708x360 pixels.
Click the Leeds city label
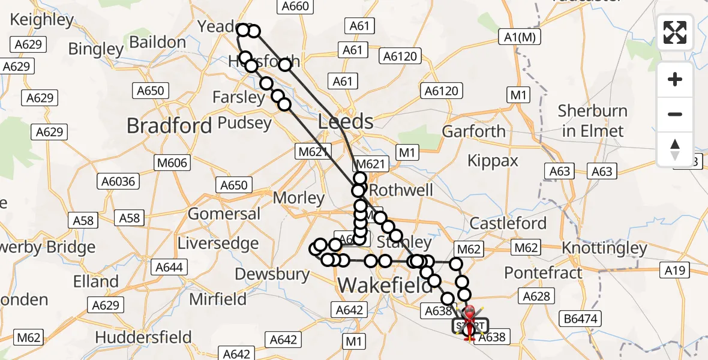point(346,122)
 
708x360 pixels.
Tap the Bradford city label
point(170,125)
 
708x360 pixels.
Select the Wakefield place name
point(377,286)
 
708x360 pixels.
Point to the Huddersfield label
point(143,337)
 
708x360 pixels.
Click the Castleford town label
point(508,224)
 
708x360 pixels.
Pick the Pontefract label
point(543,273)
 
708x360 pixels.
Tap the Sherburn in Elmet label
point(592,121)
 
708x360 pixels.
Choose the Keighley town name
point(42,20)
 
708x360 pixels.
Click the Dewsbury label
point(272,274)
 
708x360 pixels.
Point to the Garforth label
point(473,131)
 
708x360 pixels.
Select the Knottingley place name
point(604,248)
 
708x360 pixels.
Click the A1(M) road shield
point(520,37)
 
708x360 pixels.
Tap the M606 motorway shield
point(172,163)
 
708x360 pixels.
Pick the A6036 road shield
point(118,181)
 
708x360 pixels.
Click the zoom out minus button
point(675,114)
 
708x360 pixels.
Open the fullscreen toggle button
point(675,32)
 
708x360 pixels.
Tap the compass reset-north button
point(675,148)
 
